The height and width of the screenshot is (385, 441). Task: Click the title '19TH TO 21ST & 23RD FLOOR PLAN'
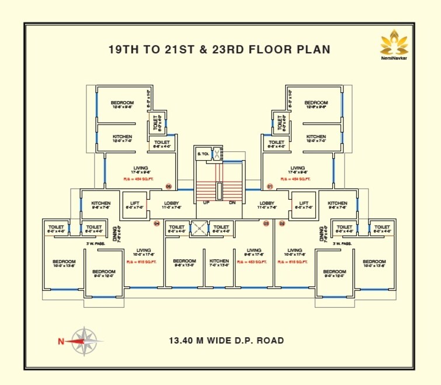(219, 50)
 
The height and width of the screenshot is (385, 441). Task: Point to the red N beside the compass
(60, 342)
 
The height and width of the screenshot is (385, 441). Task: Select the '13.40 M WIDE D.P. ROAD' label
(227, 340)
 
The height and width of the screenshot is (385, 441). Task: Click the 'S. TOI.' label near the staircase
(203, 154)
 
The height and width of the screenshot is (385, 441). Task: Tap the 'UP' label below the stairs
(206, 203)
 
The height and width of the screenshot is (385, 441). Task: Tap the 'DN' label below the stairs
(231, 203)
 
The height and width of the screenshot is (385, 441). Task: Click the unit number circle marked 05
(168, 187)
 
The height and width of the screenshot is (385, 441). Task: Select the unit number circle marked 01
(270, 187)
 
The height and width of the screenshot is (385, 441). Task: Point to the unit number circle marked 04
(157, 223)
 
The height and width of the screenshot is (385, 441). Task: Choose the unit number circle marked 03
(266, 223)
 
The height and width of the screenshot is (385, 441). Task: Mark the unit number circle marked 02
(282, 223)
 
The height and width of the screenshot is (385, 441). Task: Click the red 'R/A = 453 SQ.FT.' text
(252, 262)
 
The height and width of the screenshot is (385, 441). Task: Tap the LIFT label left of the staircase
(134, 204)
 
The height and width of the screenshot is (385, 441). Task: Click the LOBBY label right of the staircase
(267, 204)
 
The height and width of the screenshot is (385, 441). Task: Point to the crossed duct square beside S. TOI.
(216, 154)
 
